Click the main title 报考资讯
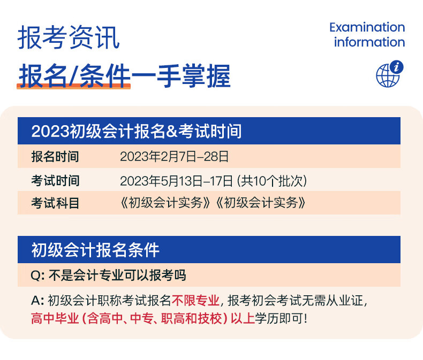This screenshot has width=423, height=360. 69,37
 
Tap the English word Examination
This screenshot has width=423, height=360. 367,27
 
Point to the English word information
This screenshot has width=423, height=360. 369,42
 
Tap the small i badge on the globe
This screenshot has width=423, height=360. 397,67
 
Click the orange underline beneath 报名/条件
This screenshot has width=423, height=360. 74,86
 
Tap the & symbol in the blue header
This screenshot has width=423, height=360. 171,131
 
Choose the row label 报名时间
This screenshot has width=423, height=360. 55,157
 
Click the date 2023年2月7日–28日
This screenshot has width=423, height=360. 174,157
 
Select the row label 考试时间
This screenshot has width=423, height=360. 55,181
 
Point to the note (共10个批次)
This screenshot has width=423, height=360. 272,181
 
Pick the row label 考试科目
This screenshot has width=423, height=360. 55,203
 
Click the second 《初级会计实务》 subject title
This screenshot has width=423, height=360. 261,203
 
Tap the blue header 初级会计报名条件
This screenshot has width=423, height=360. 95,250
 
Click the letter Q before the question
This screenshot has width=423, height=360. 36,275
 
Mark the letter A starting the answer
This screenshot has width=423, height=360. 36,300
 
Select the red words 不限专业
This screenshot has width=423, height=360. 195,301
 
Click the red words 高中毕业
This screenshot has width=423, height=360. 55,318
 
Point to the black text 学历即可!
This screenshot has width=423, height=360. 281,318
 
